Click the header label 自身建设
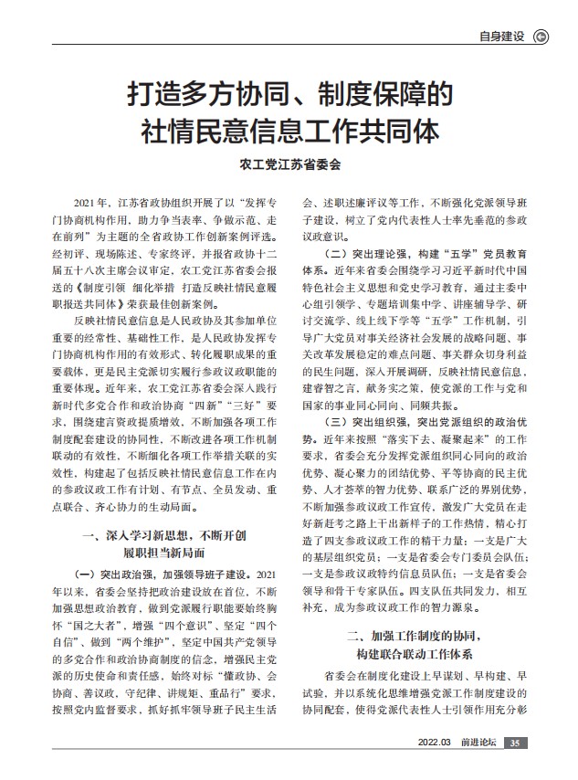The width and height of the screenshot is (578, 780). [x=501, y=37]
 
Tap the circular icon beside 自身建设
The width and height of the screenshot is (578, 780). [x=540, y=37]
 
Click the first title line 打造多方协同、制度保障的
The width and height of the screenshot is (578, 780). [x=289, y=96]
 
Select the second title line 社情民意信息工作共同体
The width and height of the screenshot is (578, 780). [x=289, y=131]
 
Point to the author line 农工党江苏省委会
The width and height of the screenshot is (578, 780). [x=289, y=165]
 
